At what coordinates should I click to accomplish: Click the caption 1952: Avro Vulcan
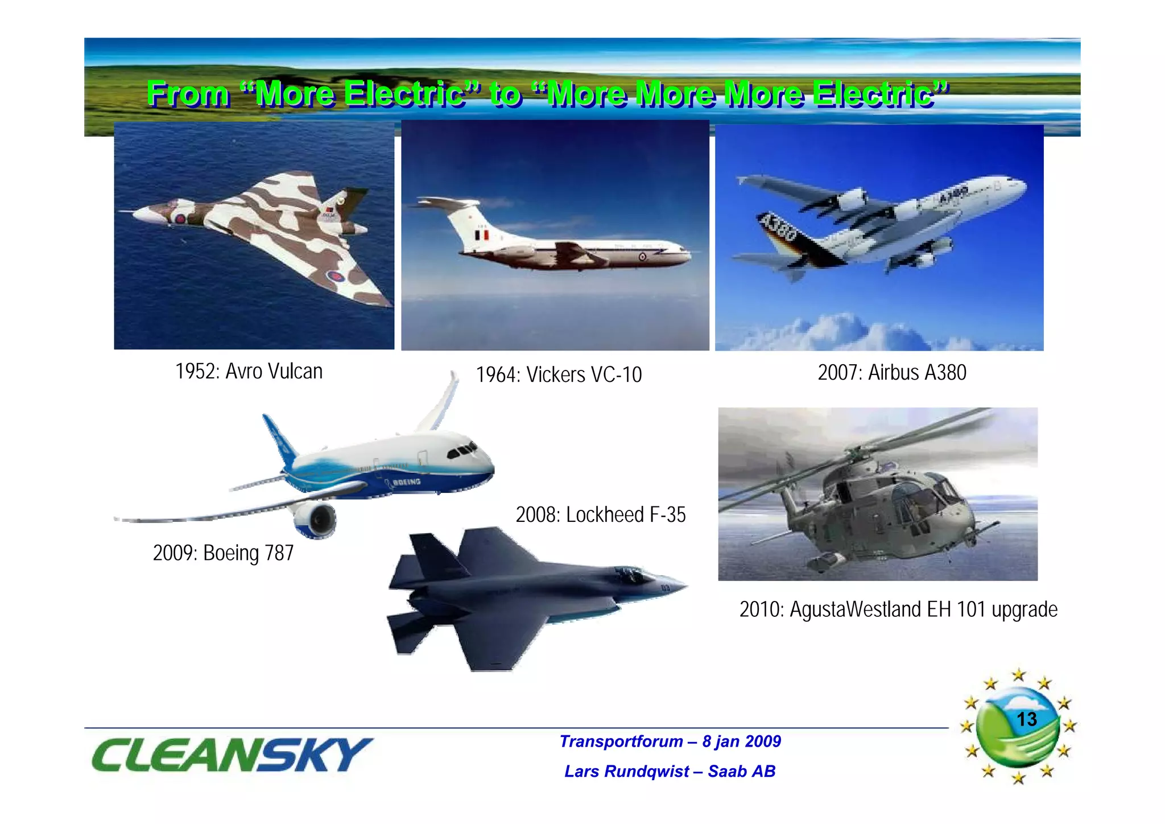coord(249,372)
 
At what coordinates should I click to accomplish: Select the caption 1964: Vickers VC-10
coord(559,375)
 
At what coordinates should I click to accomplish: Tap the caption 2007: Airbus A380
coord(891,373)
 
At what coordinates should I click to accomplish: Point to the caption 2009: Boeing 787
coord(223,553)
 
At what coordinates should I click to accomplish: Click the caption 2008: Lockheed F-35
coord(600,515)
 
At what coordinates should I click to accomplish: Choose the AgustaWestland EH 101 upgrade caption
coord(898,609)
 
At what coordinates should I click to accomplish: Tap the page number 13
coord(1026,719)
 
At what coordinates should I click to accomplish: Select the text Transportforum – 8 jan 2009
coord(670,741)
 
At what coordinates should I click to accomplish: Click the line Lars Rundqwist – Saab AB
coord(670,772)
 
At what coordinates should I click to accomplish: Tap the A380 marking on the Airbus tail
coord(778,226)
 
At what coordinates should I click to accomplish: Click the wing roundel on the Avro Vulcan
coord(334,277)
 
